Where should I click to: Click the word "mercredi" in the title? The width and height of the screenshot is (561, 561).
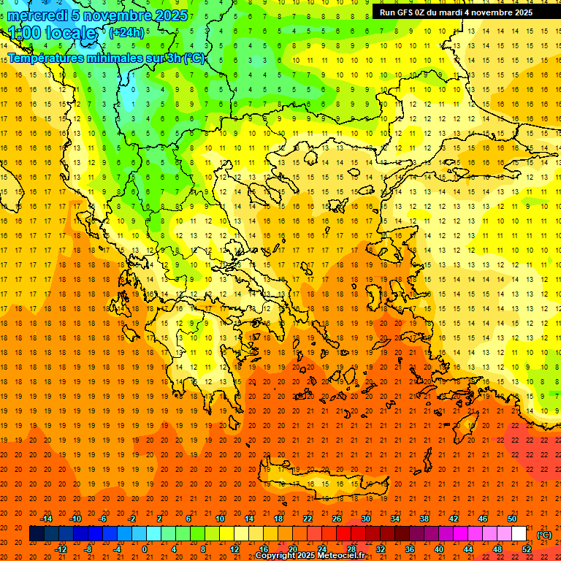tap(37, 15)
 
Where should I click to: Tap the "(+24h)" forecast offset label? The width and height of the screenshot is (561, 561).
tap(126, 33)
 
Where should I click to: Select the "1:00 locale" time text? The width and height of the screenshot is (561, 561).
tap(53, 33)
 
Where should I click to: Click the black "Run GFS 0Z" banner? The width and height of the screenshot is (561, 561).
tap(456, 12)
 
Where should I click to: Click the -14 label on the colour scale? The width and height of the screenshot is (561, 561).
tap(47, 519)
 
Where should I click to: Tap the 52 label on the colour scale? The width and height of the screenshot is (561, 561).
tap(527, 549)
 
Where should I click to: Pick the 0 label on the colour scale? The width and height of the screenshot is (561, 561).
tap(145, 549)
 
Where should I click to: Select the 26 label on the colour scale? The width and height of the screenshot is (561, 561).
tap(337, 519)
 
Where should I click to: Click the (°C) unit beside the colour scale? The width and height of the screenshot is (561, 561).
tap(543, 534)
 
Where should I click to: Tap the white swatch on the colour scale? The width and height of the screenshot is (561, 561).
tap(519, 534)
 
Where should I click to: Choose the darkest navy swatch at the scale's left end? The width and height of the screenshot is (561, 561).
tap(37, 534)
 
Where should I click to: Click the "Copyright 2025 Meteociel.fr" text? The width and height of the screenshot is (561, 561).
tap(310, 556)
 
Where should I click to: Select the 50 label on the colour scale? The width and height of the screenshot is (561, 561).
tap(512, 519)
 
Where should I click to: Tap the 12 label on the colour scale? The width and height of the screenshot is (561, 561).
tap(234, 549)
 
